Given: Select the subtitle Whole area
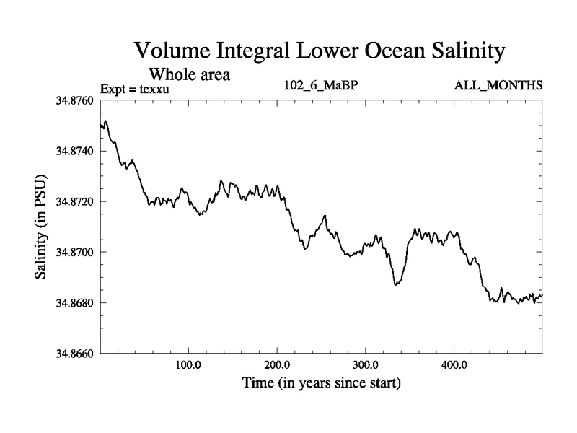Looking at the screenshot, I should pyautogui.click(x=189, y=74).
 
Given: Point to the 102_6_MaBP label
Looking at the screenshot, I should pyautogui.click(x=322, y=86).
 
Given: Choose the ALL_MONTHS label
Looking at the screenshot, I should pyautogui.click(x=498, y=86).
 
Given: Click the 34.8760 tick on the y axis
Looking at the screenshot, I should pyautogui.click(x=74, y=101).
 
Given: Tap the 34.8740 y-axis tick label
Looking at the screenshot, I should pyautogui.click(x=74, y=152).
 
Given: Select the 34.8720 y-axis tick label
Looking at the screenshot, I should pyautogui.click(x=74, y=202).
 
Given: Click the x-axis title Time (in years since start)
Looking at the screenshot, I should pyautogui.click(x=321, y=382).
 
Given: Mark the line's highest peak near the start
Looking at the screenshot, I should pyautogui.click(x=106, y=121).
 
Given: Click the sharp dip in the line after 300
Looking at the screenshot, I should pyautogui.click(x=395, y=285).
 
